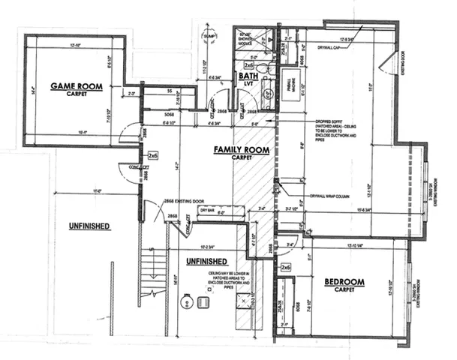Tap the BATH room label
[247, 76]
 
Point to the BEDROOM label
[344, 282]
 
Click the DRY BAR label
[206, 211]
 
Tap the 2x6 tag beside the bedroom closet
[285, 267]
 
